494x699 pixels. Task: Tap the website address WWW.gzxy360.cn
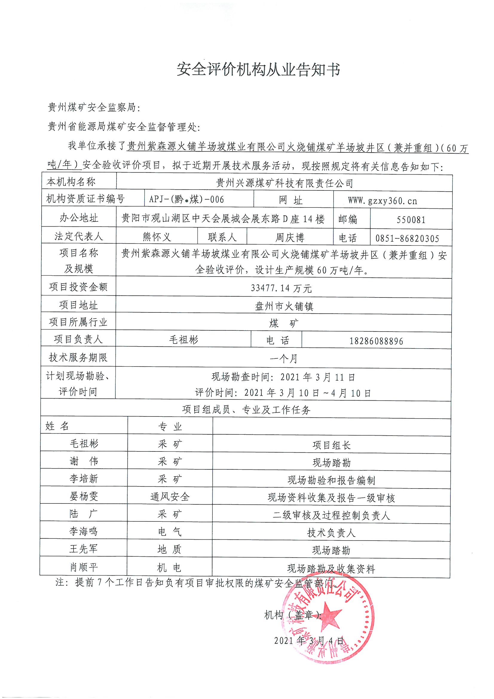[x=383, y=201]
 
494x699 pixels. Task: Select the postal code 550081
[x=411, y=219]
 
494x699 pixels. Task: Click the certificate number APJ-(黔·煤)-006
[x=186, y=200]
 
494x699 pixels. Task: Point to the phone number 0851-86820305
[x=407, y=238]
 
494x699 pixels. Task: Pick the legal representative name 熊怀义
[x=157, y=237]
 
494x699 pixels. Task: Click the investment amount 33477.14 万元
[x=281, y=288]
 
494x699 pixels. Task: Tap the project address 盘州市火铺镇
[x=284, y=306]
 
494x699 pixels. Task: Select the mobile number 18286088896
[x=376, y=341]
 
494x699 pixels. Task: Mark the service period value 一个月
[x=283, y=359]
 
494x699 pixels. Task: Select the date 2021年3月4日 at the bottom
[x=309, y=640]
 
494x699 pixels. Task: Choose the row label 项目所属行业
[x=78, y=322]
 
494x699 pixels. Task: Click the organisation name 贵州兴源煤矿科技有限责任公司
[x=284, y=183]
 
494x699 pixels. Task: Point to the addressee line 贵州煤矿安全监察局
[x=94, y=107]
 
